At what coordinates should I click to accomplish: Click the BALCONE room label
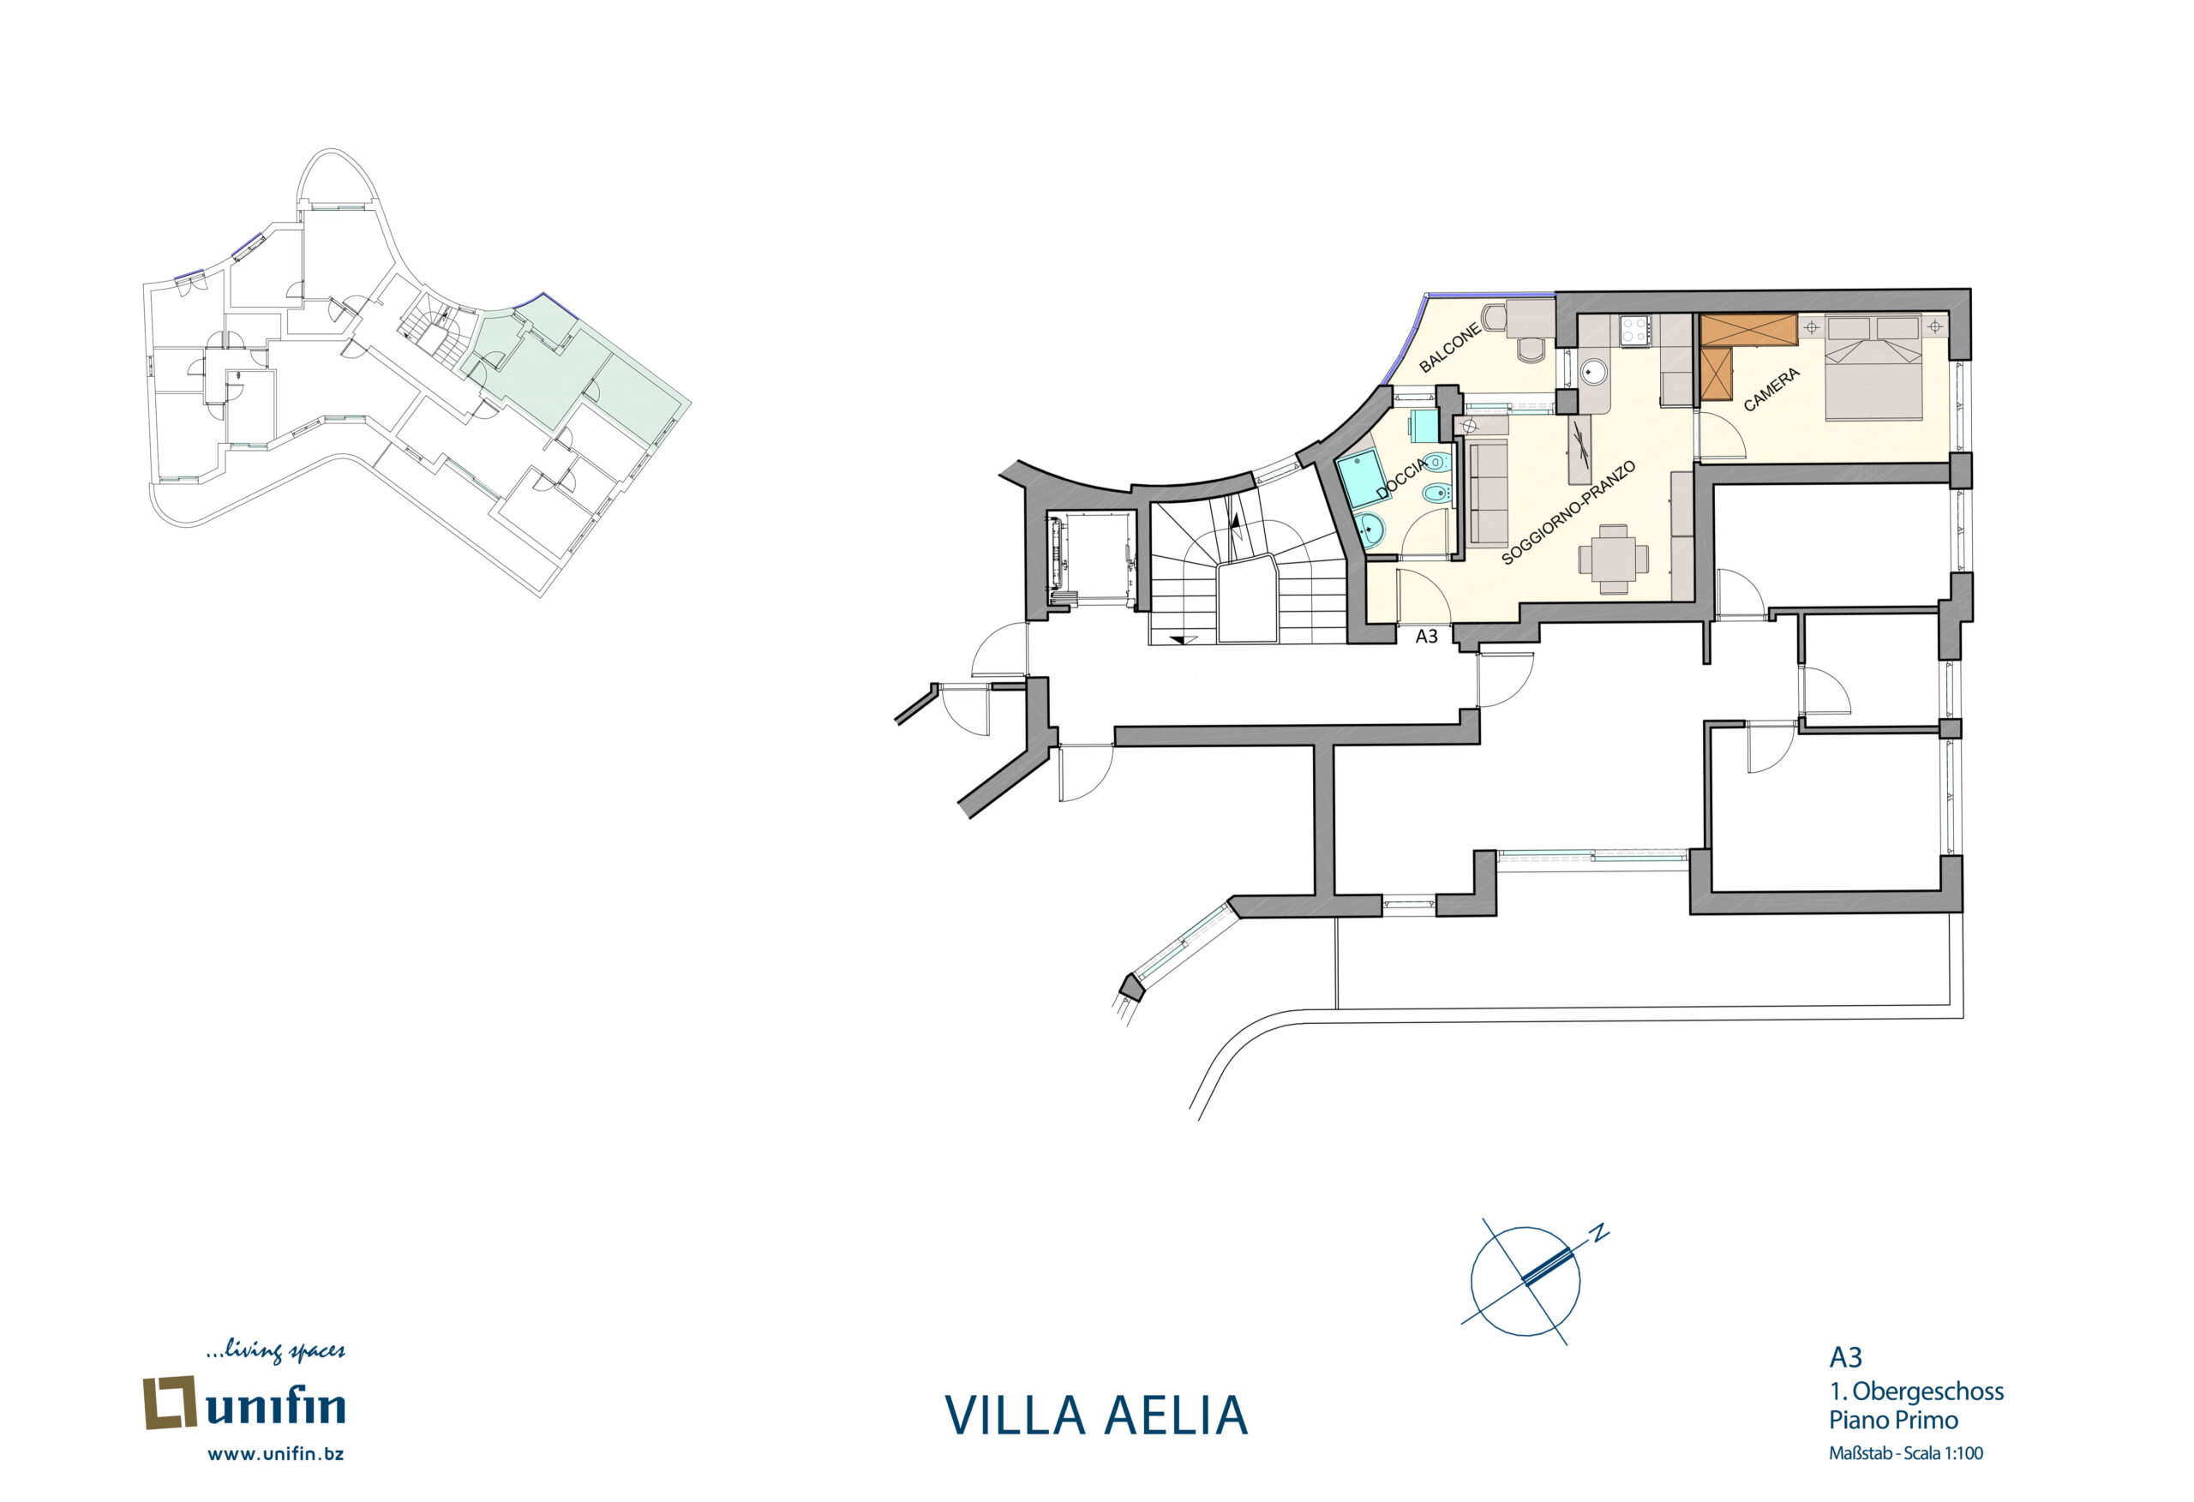tap(1450, 346)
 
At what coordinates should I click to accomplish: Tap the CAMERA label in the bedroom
tap(1771, 390)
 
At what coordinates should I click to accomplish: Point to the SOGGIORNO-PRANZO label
tap(1568, 512)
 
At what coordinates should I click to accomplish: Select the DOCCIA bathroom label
tap(1403, 479)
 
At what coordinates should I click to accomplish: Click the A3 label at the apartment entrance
tap(1426, 637)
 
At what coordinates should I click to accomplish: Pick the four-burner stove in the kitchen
tap(1635, 331)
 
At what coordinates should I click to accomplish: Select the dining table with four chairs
tap(1615, 559)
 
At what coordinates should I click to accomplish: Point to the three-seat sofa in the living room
tap(1487, 494)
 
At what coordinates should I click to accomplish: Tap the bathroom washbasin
tap(1370, 531)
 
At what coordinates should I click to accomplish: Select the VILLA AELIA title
tap(1096, 1415)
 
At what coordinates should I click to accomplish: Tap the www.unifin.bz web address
tap(276, 1454)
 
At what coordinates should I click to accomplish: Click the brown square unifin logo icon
tap(169, 1403)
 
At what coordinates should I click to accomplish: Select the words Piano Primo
tap(1893, 1420)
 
